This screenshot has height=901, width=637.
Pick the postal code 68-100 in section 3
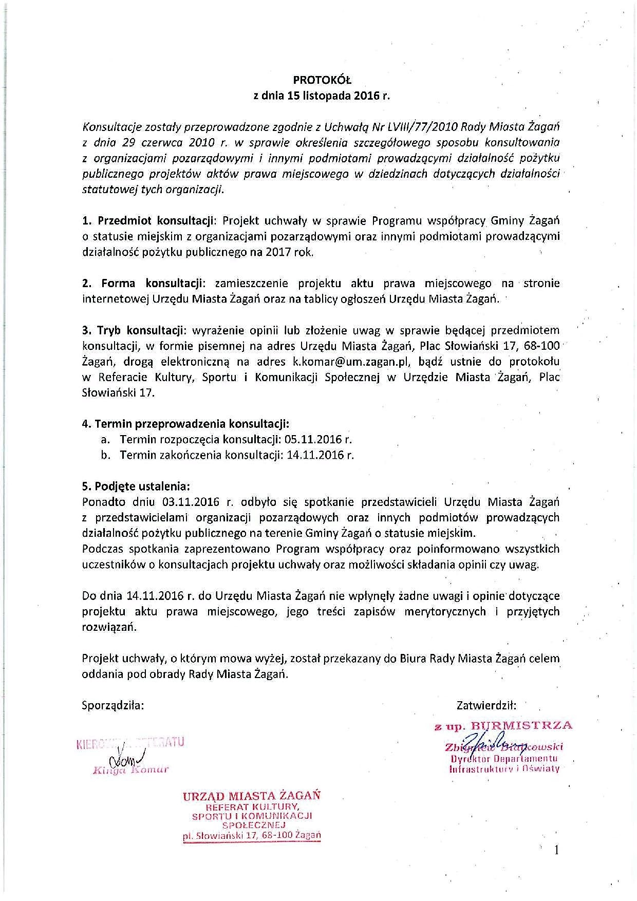coord(539,346)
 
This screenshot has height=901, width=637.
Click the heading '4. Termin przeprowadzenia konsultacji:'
coord(185,424)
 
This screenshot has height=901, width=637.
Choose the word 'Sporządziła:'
coord(113,705)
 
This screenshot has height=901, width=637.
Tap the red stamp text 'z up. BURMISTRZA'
coord(503,726)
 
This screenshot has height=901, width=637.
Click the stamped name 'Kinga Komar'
coord(130,769)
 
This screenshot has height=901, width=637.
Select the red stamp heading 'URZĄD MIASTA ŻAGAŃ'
coord(252,796)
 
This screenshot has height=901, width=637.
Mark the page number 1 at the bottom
coord(556,851)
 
